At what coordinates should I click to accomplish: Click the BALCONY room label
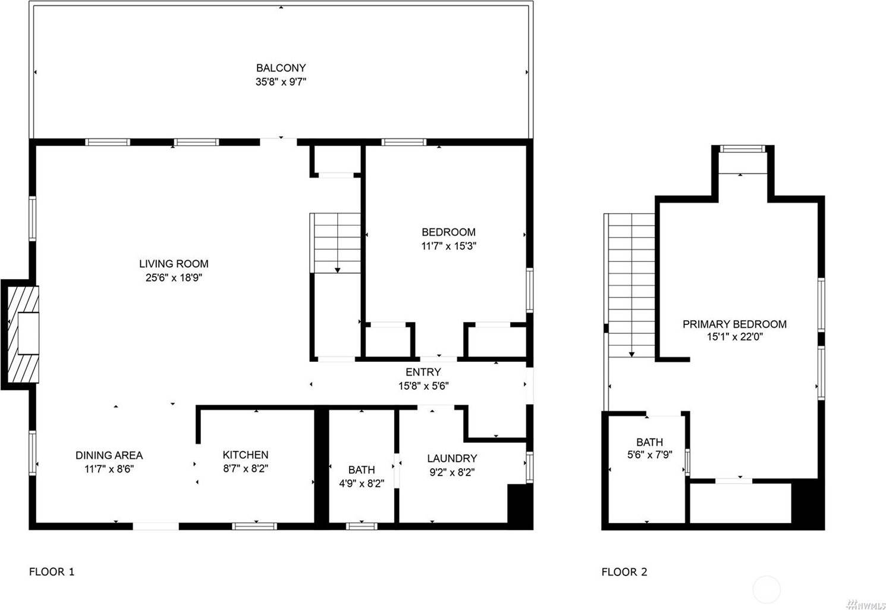tap(281, 68)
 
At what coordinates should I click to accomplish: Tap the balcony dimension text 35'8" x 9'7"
tap(281, 82)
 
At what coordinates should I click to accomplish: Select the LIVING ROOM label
tap(174, 264)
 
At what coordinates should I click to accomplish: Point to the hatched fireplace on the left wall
tap(23, 334)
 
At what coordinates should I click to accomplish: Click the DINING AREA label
tap(109, 455)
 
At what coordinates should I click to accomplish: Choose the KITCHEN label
tap(246, 455)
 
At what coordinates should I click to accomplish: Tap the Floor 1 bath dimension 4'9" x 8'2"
tap(362, 483)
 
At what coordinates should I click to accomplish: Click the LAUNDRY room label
tap(452, 458)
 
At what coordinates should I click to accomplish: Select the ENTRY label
tap(423, 373)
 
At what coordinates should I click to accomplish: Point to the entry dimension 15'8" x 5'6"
tap(423, 386)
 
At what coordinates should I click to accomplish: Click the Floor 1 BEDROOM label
tap(448, 232)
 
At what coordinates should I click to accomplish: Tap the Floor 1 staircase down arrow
tap(338, 270)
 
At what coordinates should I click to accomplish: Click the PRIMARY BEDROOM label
tap(734, 324)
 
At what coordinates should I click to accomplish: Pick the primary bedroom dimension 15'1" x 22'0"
tap(734, 337)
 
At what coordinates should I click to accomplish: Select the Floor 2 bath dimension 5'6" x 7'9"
tap(649, 455)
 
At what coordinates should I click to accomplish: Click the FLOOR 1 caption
tap(52, 572)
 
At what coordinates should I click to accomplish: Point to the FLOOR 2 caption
tap(624, 572)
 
